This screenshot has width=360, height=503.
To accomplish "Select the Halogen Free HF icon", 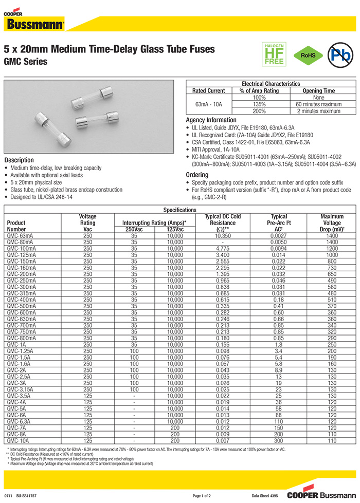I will click(274, 53).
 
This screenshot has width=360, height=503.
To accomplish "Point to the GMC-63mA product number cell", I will click(20, 235).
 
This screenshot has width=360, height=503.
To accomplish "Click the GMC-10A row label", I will click(17, 440).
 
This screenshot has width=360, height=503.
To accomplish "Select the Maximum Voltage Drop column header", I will click(332, 223).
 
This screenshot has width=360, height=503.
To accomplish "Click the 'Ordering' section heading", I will click(197, 175).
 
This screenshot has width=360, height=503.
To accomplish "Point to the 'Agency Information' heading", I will click(210, 120).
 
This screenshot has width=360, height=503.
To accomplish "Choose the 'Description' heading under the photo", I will click(19, 160).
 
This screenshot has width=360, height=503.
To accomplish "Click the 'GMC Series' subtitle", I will click(26, 62).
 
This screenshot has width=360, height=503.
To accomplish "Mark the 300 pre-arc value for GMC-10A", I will click(279, 440).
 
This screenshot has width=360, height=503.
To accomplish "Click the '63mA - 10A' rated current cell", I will click(209, 104).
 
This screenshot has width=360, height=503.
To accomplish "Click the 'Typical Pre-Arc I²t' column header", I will click(279, 223).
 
